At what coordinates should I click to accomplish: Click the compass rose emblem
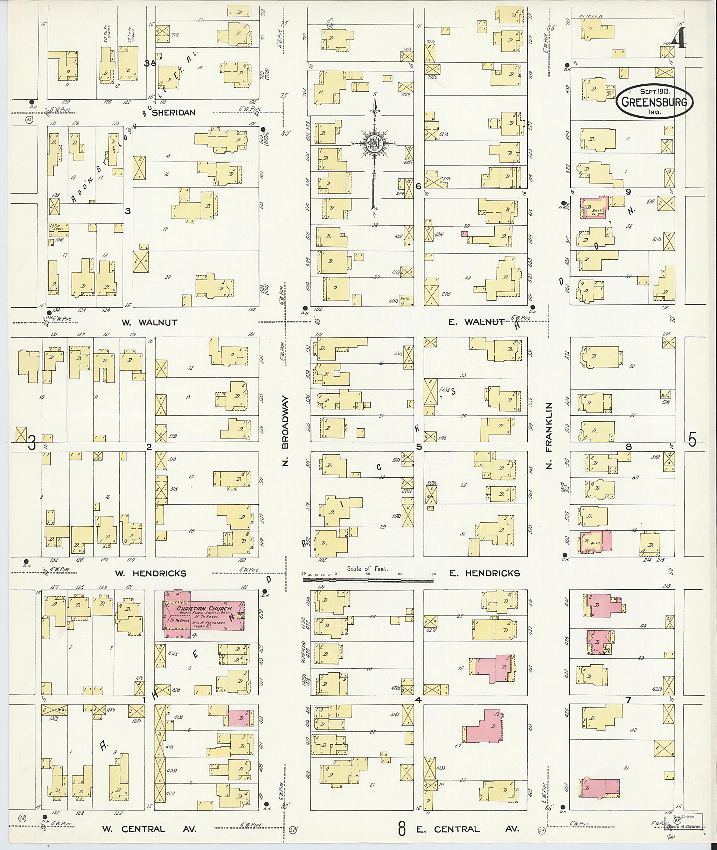click(374, 144)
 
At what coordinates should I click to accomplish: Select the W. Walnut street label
click(149, 323)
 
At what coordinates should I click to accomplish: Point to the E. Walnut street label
click(476, 322)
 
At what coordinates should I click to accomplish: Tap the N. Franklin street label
click(549, 436)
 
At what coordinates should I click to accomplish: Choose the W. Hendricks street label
click(154, 573)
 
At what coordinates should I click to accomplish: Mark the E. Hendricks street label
click(485, 573)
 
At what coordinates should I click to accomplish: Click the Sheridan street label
click(174, 113)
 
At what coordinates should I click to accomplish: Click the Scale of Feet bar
click(368, 579)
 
